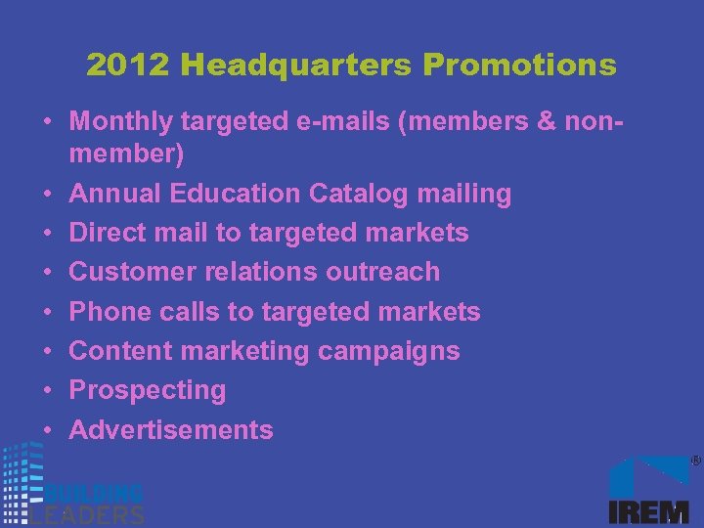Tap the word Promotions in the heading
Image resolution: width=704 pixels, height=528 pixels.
[520, 66]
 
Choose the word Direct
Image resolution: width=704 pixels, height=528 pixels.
[108, 233]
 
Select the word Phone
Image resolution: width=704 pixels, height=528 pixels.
[108, 312]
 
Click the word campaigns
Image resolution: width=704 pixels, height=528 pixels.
[399, 351]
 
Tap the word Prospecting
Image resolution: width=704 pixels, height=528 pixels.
[148, 391]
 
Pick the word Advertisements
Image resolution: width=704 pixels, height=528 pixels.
[171, 429]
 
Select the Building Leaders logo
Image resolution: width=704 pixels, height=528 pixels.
[73, 489]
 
